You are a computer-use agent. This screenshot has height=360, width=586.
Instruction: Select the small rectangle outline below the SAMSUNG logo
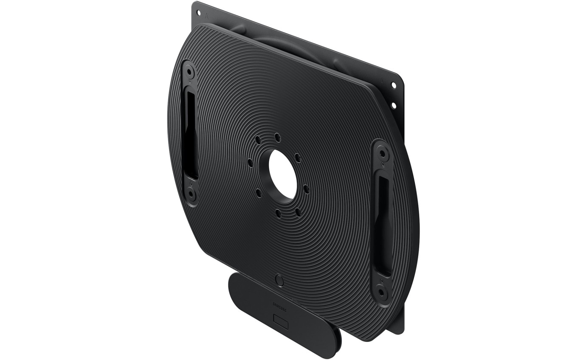point(281,321)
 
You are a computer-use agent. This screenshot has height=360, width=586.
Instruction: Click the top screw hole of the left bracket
point(189,72)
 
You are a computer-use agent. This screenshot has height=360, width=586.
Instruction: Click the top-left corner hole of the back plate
point(198,13)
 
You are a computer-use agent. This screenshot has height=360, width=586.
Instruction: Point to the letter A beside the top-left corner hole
point(206,14)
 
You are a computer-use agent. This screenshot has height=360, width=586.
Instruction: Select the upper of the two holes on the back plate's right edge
point(394,85)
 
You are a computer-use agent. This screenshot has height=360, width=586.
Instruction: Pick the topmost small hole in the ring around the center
point(277,137)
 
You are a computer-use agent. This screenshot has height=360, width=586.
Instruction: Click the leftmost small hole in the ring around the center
point(250,162)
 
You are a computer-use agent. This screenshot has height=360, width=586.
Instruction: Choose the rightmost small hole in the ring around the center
point(306,189)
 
